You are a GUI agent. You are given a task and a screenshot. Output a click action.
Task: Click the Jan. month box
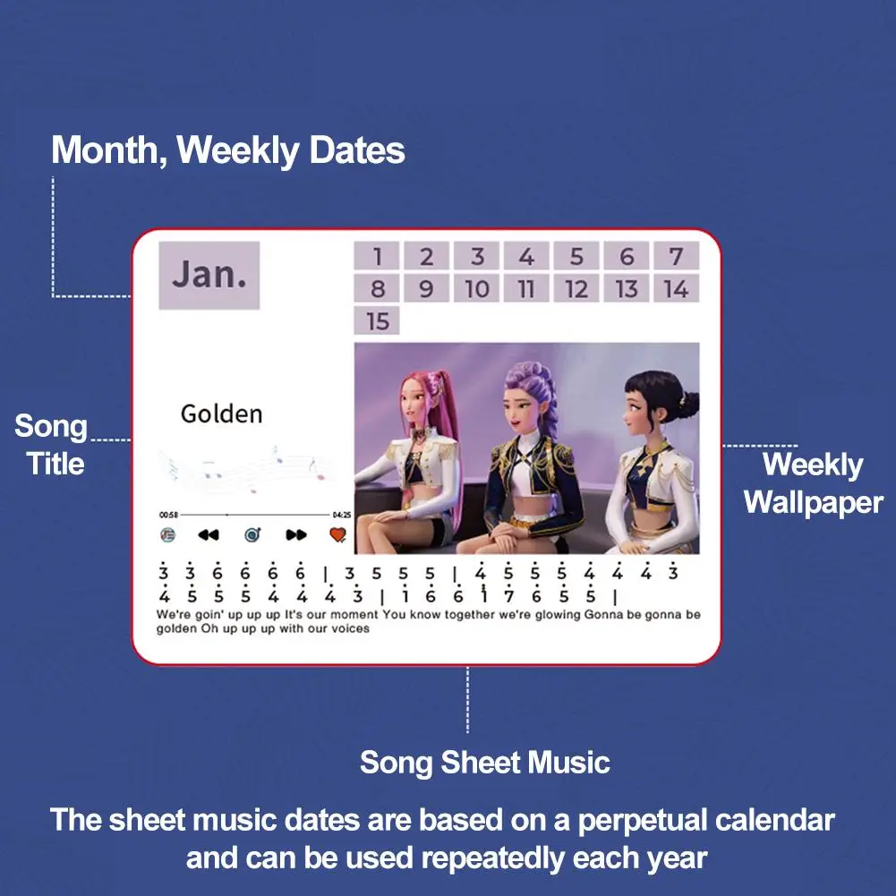pos(209,275)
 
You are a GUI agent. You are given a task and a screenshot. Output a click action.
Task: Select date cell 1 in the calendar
pos(377,257)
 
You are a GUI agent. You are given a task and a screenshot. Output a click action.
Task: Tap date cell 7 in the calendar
pos(676,257)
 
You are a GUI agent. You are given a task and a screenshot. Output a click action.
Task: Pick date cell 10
pos(477,288)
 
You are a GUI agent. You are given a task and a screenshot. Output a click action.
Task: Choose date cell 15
pos(377,320)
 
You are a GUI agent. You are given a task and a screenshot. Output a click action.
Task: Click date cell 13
pos(626,288)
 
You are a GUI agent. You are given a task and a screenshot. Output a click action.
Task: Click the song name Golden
pos(221,414)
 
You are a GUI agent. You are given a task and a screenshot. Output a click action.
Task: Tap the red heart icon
pos(337,535)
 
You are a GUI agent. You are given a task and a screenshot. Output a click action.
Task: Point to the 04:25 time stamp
pos(341,515)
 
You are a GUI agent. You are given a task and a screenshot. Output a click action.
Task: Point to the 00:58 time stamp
pos(168,515)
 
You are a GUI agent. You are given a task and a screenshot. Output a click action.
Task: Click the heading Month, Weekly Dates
pos(228,150)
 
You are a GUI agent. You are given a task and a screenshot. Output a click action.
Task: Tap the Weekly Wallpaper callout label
pos(812,483)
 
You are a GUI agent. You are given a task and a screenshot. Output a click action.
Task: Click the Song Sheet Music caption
pos(484,763)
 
